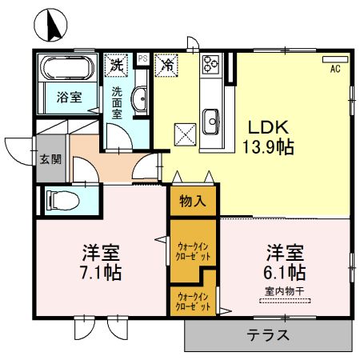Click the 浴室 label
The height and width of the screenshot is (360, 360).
click(x=67, y=98)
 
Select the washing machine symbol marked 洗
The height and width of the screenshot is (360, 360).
click(x=117, y=62)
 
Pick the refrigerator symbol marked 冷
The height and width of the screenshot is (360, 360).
click(x=168, y=62)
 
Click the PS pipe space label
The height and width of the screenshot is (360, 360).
click(x=142, y=58)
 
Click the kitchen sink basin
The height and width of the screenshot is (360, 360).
click(x=212, y=122)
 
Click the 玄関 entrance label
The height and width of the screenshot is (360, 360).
click(x=50, y=158)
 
